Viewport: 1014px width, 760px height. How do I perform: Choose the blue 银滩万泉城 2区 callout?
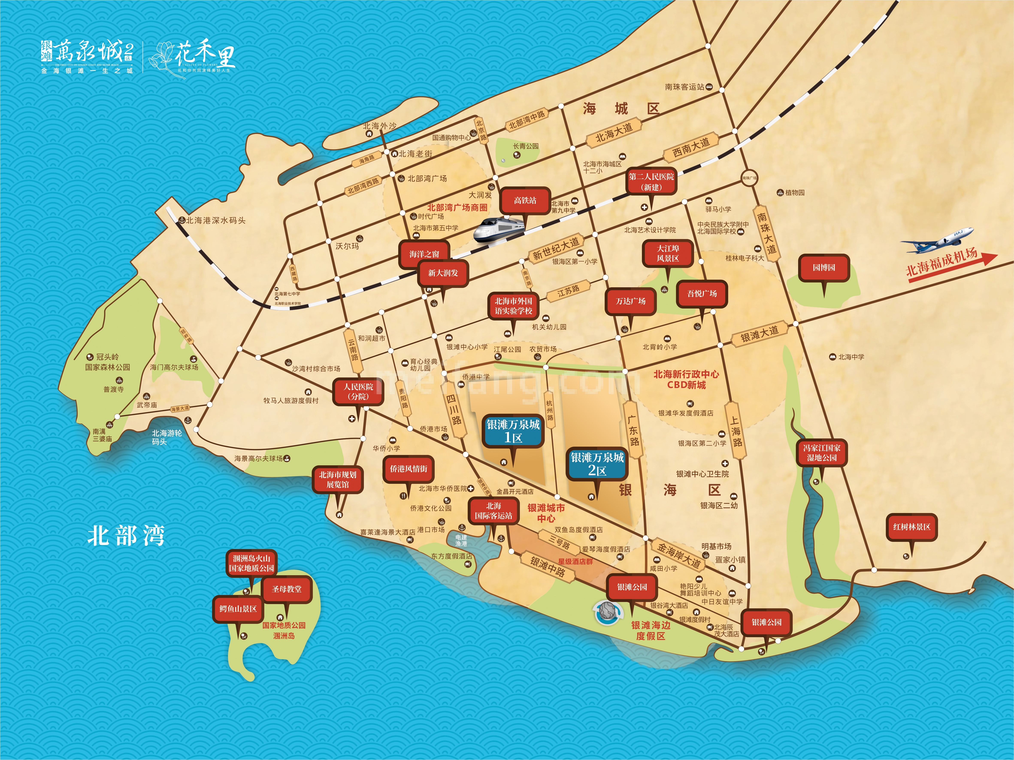[x=597, y=464]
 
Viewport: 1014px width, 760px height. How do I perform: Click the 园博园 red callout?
[x=824, y=268]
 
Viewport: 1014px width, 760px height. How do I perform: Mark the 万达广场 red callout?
[x=630, y=301]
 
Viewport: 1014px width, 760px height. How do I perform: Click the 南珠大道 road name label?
[x=766, y=233]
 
